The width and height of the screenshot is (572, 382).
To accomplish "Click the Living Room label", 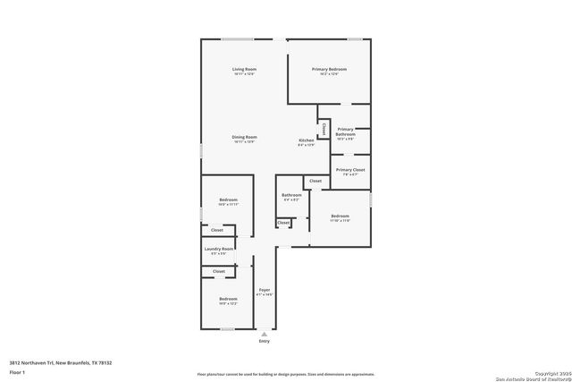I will coord(245,69).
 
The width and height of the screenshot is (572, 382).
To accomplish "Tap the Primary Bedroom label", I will coord(329,69).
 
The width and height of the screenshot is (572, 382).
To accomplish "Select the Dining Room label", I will coord(245,137).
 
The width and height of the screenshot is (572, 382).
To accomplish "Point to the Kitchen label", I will coord(306,140).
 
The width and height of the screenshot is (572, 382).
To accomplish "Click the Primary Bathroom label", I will coord(345,132).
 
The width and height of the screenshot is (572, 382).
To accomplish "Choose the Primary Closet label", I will coord(350,170).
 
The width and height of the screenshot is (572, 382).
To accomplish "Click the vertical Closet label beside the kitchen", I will coord(324,129).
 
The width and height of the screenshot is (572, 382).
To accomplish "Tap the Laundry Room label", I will coord(219,249).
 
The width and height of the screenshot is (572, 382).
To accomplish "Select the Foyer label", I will coord(264,290).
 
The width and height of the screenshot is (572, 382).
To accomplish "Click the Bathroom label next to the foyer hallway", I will coord(291,195).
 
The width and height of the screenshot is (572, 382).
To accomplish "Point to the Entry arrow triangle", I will coord(264,333).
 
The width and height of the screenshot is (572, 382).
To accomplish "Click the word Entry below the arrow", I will coord(264,341).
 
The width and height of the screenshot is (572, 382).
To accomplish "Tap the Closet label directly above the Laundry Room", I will coord(217,230).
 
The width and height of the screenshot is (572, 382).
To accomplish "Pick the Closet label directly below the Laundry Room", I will coord(219,270).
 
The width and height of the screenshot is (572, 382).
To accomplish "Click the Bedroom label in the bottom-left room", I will coord(228,299).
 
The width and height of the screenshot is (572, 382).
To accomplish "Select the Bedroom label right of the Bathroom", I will coord(340,216).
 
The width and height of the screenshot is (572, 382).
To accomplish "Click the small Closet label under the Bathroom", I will coord(283,223).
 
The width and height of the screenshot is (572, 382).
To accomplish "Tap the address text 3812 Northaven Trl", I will coord(61,362).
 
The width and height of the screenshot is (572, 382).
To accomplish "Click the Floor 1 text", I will coord(17,371).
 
